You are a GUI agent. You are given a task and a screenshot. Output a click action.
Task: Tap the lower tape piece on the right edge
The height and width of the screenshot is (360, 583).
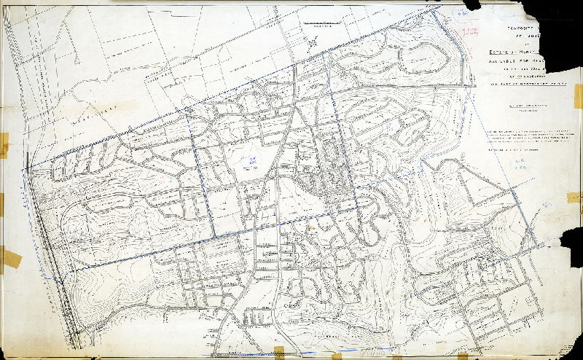[574, 197]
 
